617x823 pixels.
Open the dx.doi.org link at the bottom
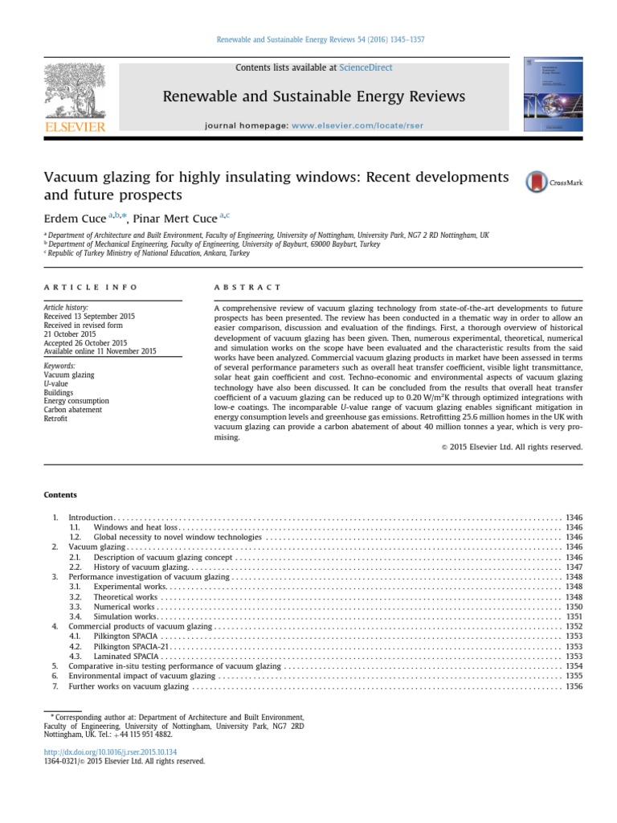[95, 751]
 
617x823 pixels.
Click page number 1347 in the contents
[574, 567]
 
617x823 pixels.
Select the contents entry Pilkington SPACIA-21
[131, 645]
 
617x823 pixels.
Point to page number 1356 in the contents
[574, 686]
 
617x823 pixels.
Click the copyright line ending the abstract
[512, 447]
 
